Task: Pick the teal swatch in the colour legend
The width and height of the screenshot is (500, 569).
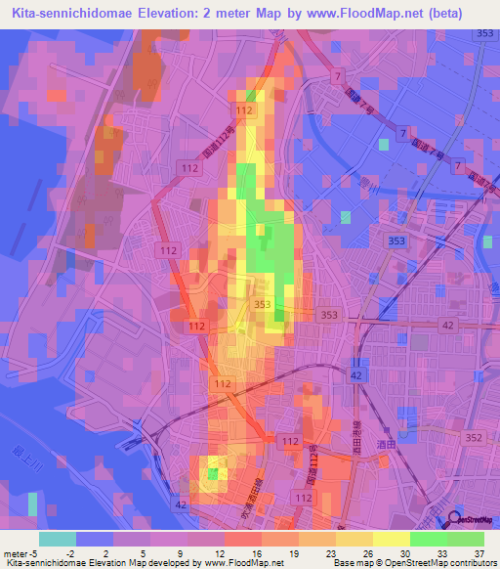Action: click(58, 539)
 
